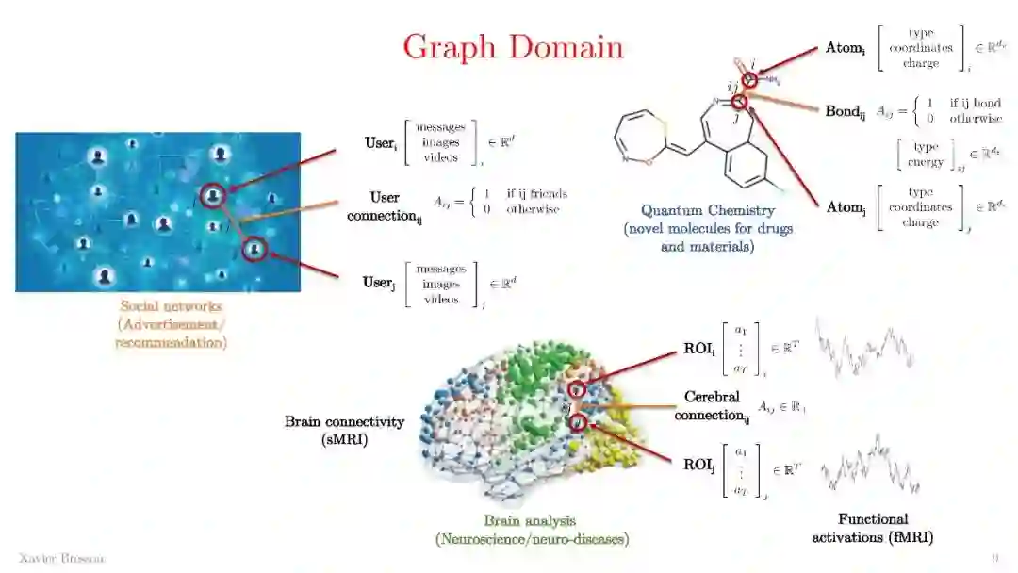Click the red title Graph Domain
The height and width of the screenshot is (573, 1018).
click(513, 46)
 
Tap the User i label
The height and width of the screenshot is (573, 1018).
click(379, 143)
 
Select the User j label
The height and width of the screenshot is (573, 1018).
click(379, 282)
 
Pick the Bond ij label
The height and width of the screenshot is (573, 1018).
click(846, 111)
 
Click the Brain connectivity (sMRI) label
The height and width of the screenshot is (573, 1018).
click(344, 430)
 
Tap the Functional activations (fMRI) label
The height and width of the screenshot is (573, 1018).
click(873, 528)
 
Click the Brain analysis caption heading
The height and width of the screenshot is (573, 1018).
click(530, 520)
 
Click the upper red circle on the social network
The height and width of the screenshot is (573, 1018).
click(214, 196)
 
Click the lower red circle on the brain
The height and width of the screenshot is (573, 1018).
click(579, 423)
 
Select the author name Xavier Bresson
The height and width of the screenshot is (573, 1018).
click(62, 559)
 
